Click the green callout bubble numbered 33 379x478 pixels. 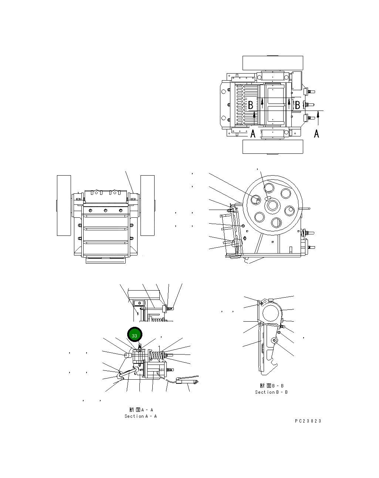pos(135,335)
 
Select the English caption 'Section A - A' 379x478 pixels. pos(141,416)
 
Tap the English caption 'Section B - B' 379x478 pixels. pos(271,392)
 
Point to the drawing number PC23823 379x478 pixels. pos(308,421)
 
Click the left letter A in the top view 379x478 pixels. pos(253,133)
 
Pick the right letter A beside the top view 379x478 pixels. pos(317,133)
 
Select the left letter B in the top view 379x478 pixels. pos(250,105)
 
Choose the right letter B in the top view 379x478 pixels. pos(297,105)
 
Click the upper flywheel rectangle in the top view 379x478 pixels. pos(273,63)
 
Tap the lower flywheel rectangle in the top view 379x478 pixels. pos(273,147)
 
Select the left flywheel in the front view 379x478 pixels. pos(64,205)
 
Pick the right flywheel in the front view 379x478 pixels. pos(147,205)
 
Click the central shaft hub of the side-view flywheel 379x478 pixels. pos(273,205)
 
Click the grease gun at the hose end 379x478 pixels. pos(189,380)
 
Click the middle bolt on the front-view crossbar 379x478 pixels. pos(106,211)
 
